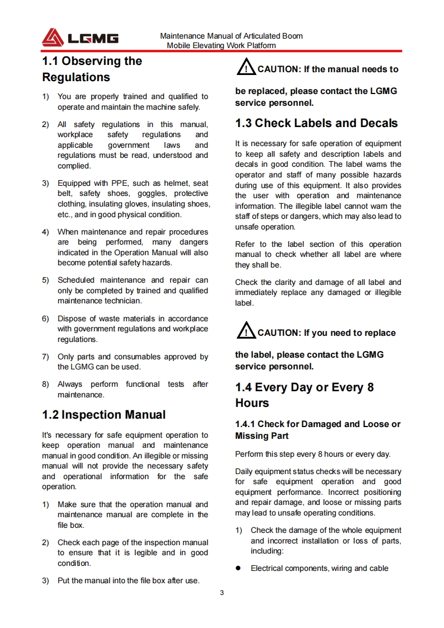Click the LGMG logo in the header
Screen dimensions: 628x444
pos(80,38)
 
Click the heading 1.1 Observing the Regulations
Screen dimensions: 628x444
pos(92,69)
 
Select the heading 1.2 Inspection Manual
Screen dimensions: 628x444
pos(104,415)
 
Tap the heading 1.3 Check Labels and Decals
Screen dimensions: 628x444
pos(316,123)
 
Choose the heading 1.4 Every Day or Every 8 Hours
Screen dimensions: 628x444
pos(304,395)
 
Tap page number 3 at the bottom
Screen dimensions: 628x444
pos(222,593)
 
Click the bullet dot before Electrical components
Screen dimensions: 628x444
pos(238,568)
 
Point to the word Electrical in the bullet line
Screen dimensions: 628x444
pos(267,568)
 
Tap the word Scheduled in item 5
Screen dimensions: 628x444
pos(76,280)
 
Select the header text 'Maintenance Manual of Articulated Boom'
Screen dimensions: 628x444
pos(231,36)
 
